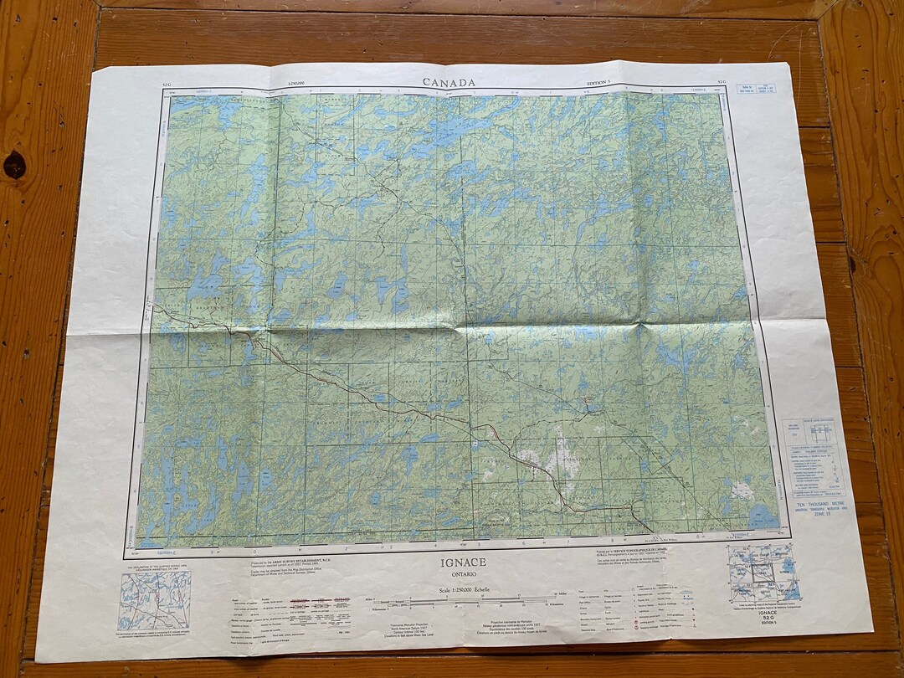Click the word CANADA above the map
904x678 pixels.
449,82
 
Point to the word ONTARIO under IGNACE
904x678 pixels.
464,575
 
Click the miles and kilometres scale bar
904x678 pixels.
465,603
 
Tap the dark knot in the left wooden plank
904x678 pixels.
14,164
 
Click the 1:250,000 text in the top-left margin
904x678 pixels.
296,83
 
